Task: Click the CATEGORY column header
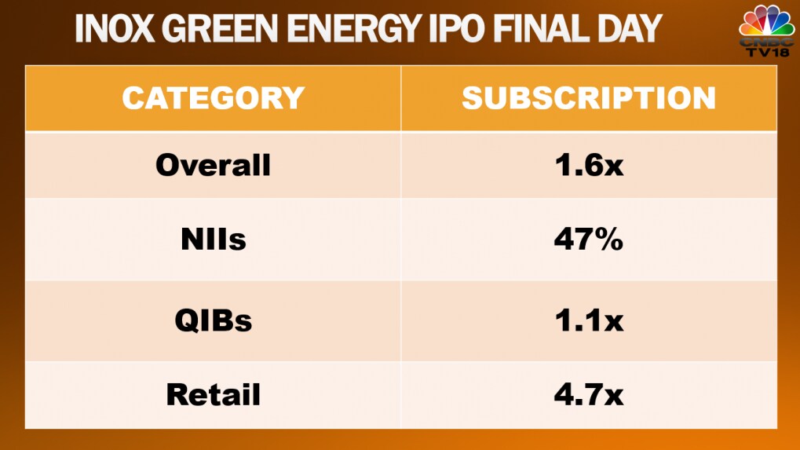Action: point(213,98)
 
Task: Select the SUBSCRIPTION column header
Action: point(588,98)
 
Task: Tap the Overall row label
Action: point(213,165)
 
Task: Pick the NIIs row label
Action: point(213,240)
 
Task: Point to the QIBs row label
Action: point(213,320)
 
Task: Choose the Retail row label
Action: point(213,394)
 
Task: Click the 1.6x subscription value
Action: point(588,165)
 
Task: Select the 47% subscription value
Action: point(588,240)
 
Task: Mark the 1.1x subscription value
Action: point(588,320)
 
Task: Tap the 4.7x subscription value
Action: point(588,394)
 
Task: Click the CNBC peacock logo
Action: point(767,20)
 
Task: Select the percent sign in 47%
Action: point(607,240)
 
